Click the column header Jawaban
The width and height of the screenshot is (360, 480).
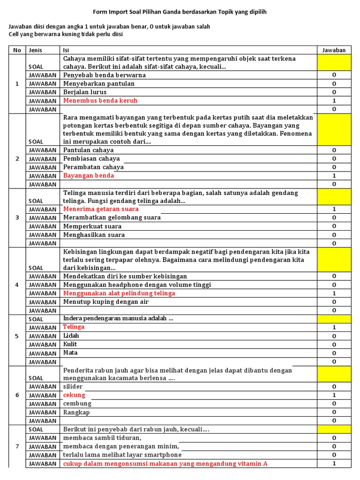[334, 50]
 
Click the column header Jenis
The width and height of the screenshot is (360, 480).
[36, 50]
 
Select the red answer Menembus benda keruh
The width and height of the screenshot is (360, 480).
[100, 101]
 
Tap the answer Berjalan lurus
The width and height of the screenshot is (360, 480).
[85, 92]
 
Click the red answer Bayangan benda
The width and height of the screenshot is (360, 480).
[89, 176]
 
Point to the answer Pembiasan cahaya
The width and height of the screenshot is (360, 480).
[91, 159]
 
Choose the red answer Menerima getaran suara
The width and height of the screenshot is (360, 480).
[101, 209]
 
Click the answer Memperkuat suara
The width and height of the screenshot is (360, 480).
[92, 226]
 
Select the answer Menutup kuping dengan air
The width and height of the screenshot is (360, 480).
[106, 302]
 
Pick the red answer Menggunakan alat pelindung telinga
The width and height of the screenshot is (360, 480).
[119, 293]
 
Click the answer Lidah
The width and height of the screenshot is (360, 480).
[71, 336]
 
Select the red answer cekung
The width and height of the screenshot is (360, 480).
[74, 395]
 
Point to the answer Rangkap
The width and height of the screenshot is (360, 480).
[76, 412]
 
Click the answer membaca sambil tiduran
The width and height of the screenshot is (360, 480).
[102, 438]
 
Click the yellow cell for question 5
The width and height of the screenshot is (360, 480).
[334, 319]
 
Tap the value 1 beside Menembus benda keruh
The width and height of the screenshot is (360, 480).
[334, 101]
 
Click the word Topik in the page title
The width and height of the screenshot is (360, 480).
[215, 11]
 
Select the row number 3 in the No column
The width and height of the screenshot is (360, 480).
[17, 218]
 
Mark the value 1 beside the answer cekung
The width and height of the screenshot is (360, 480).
[334, 395]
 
